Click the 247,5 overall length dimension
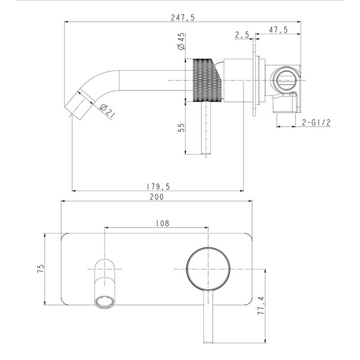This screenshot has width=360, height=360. (183, 17)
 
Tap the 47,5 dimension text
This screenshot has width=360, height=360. (278, 30)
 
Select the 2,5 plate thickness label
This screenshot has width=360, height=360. (242, 35)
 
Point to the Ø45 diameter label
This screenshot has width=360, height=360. (181, 41)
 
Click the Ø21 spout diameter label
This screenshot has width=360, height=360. (107, 111)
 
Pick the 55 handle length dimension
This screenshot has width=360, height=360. (181, 128)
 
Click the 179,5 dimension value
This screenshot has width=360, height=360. (158, 187)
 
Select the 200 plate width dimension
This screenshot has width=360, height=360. (157, 197)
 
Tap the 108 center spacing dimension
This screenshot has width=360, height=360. (163, 223)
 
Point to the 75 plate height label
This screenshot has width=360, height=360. (40, 269)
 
